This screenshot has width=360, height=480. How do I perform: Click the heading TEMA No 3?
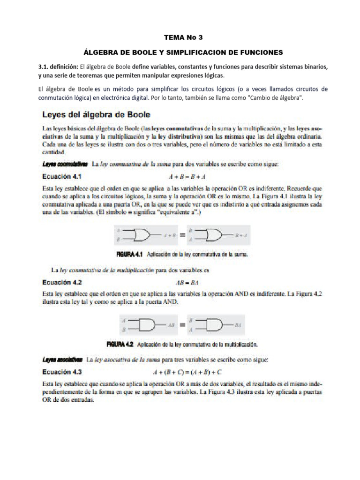coord(180,37)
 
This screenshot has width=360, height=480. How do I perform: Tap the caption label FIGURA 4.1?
coord(129,255)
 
